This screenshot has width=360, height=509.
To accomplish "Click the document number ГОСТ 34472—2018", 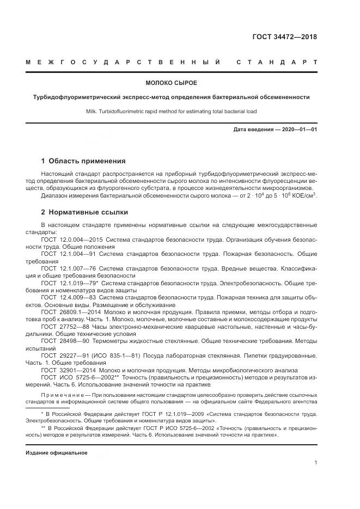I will (284, 37).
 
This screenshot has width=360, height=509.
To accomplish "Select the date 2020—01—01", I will (298, 130).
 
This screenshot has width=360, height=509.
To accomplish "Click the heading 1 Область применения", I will (83, 161).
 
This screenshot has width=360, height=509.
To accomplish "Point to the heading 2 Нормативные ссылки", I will (84, 212).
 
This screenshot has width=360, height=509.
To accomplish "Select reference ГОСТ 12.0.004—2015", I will (71, 239).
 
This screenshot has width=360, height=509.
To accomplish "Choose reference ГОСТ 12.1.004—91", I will (67, 254).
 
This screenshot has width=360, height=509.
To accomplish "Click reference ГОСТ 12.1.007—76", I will (67, 268).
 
